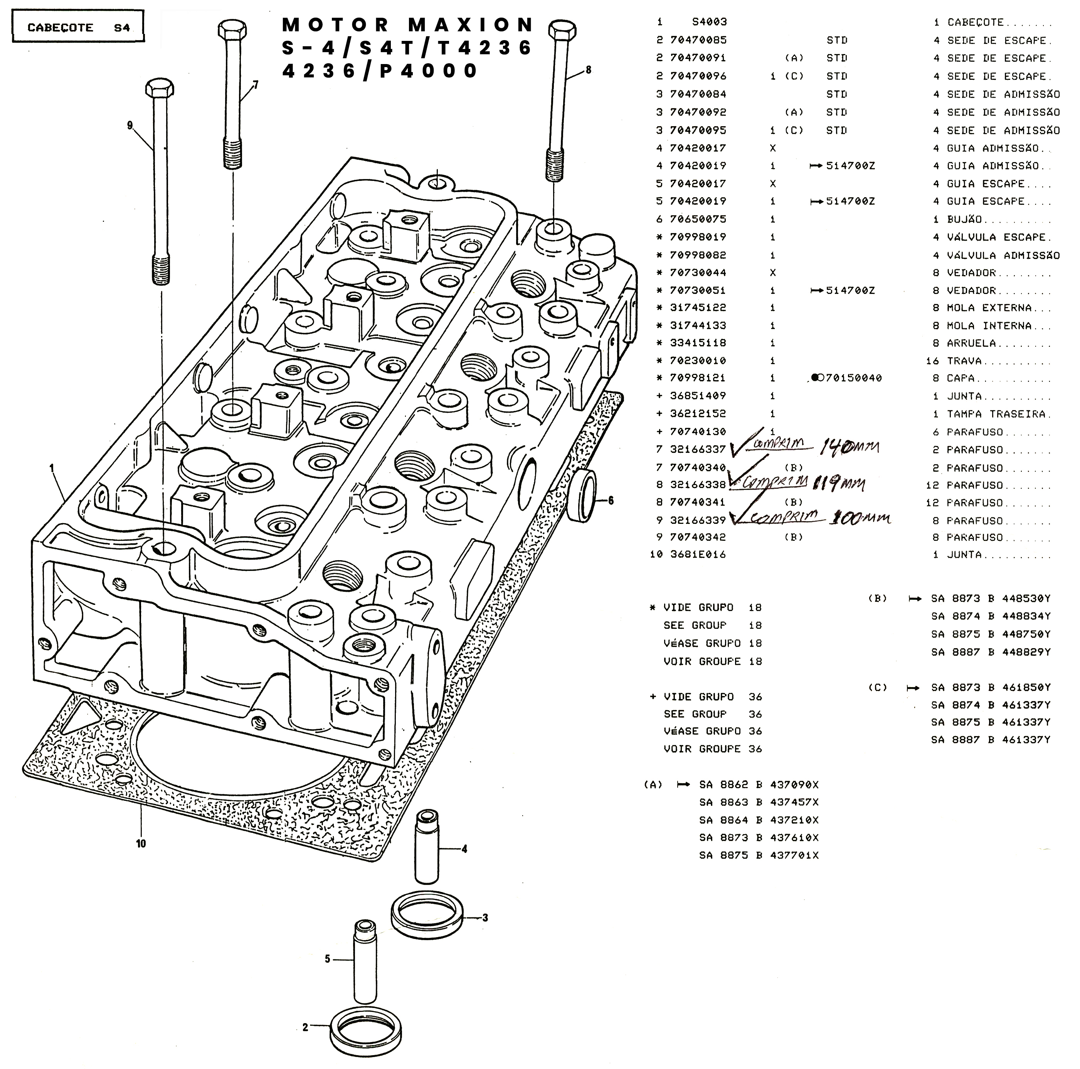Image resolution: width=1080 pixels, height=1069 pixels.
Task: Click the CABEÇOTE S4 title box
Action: point(78,27)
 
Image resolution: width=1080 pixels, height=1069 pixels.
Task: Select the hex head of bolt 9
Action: point(160,88)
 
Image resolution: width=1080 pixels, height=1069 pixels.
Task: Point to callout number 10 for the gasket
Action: point(141,843)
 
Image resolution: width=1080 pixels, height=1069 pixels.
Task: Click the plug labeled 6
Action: point(584,496)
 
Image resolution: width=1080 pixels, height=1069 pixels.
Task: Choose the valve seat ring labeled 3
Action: point(427,917)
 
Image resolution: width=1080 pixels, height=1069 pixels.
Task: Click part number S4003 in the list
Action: point(709,22)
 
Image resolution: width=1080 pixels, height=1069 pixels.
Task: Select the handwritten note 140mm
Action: point(849,447)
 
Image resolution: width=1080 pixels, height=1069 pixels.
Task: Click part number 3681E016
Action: point(698,554)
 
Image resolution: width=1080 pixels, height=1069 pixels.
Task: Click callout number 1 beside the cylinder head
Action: point(51,468)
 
